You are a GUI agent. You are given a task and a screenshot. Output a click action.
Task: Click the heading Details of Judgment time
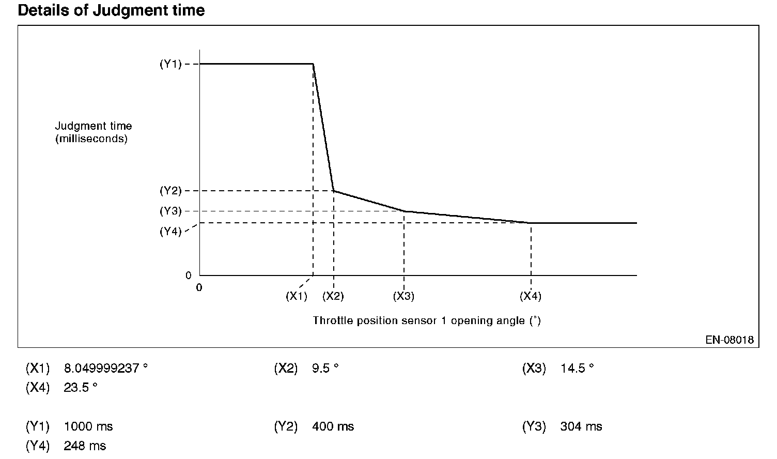coord(111,10)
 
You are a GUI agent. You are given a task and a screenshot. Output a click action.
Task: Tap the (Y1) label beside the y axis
coord(170,64)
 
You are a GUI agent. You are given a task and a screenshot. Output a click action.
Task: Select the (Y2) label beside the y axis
coord(170,191)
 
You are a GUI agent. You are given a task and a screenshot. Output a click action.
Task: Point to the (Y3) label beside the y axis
coord(170,211)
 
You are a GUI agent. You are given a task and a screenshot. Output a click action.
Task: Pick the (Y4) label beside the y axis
coord(170,232)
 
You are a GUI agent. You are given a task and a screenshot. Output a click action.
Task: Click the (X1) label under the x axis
coord(297,296)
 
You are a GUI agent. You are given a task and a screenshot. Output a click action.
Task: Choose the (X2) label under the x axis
coord(333,296)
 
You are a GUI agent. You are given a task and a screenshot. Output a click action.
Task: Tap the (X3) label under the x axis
coord(404,296)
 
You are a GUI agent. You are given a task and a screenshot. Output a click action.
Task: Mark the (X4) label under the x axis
coord(531,296)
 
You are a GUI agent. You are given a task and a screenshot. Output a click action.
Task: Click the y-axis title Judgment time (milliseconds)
coord(93,132)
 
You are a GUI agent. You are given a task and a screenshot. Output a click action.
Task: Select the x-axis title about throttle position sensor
coord(427,320)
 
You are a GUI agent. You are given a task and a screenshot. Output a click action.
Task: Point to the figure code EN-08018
coord(729,340)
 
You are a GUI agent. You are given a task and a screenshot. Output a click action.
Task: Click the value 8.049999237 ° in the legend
coord(106,369)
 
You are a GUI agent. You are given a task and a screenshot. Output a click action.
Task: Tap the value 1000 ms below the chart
coord(88,427)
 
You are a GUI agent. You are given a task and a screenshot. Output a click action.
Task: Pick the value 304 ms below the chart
coord(581,427)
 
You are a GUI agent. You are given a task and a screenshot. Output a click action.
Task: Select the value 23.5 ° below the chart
coord(81,388)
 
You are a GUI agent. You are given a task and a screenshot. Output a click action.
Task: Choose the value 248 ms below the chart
coord(85,446)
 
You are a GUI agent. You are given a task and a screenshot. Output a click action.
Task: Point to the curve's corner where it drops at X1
coord(313,64)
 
